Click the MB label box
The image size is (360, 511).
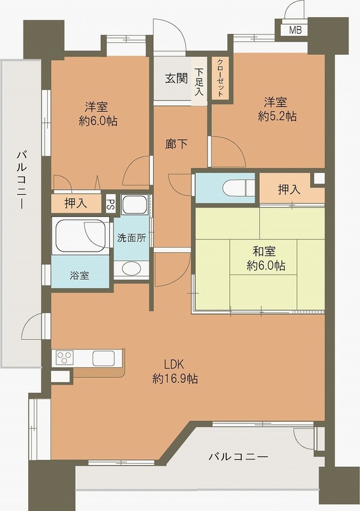295,30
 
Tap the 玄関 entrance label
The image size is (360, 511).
177,79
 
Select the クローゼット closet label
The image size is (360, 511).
220,78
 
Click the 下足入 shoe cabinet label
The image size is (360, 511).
199,82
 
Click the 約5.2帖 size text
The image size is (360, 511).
277,116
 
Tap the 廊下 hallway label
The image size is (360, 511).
177,144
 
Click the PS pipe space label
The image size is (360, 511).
110,204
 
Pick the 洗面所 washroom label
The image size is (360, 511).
131,238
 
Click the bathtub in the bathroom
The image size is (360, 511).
80,236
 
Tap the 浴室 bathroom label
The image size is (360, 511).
80,275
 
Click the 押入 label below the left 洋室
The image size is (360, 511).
77,204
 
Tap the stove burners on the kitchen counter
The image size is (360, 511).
66,358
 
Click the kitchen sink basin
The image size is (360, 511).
103,358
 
